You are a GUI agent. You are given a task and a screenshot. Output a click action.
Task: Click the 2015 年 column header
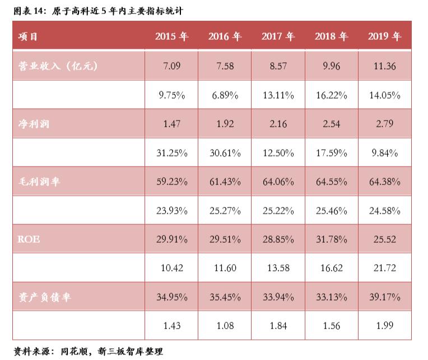pyautogui.click(x=171, y=36)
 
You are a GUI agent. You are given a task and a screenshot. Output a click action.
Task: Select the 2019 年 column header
pyautogui.click(x=384, y=36)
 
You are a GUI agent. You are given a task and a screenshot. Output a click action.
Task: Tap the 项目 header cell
pyautogui.click(x=29, y=36)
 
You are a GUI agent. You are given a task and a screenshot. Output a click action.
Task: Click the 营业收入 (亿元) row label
pyautogui.click(x=58, y=66)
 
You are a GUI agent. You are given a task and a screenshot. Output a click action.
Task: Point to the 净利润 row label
pyautogui.click(x=34, y=123)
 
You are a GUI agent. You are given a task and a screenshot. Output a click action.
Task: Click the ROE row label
pyautogui.click(x=29, y=239)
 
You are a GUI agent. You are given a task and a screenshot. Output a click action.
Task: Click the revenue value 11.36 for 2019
pyautogui.click(x=384, y=66)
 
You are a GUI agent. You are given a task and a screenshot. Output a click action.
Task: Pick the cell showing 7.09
pyautogui.click(x=171, y=66)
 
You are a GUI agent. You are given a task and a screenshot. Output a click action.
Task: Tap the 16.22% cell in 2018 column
pyautogui.click(x=331, y=95)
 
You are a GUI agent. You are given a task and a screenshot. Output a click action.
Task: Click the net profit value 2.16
pyautogui.click(x=278, y=123)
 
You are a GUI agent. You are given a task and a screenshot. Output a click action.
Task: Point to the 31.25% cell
pyautogui.click(x=171, y=153)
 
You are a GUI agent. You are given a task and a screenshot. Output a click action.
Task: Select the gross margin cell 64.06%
pyautogui.click(x=278, y=182)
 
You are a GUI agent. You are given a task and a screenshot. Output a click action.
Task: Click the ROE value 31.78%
pyautogui.click(x=331, y=239)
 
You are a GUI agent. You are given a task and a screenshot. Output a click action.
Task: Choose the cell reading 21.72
pyautogui.click(x=384, y=268)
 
